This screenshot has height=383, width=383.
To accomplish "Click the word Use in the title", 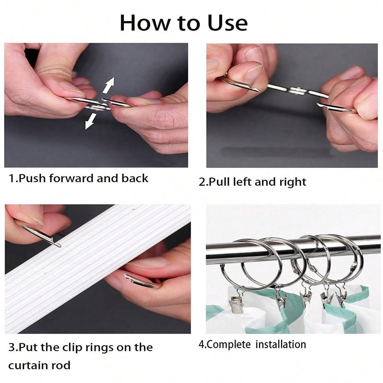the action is point(227,23).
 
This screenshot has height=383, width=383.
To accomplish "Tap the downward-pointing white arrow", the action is point(91,121).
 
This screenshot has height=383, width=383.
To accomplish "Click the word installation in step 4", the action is point(281,344).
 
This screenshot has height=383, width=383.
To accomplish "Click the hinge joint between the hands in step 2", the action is point(297,91).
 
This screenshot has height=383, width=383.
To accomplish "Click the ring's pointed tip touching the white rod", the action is point(59,245).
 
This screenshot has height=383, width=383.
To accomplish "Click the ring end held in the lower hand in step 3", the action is point(139,281).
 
